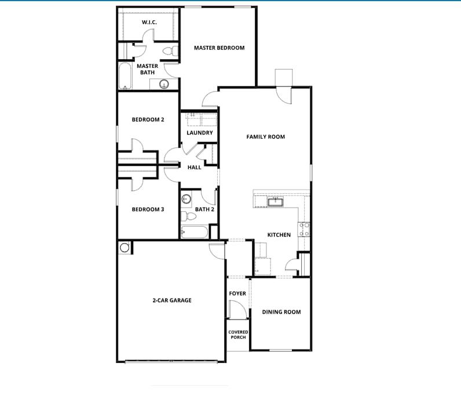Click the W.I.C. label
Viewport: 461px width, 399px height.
click(150, 22)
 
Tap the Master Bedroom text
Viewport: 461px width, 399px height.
click(219, 48)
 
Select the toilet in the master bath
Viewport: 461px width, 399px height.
click(169, 51)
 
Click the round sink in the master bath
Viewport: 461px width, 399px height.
click(164, 85)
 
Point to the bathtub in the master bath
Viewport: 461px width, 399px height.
click(126, 77)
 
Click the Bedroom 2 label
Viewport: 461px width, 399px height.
click(148, 119)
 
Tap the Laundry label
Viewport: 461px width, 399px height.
click(200, 133)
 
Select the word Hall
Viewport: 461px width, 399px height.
click(195, 167)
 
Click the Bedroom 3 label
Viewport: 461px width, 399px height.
click(148, 209)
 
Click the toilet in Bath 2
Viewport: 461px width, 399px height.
click(185, 217)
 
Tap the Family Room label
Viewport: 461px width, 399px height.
click(266, 137)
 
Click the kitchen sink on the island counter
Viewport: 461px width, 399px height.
click(275, 201)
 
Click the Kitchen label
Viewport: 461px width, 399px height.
click(279, 235)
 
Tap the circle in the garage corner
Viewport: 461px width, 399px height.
click(125, 248)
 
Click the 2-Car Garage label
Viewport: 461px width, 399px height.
click(172, 300)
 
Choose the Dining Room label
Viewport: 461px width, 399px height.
click(281, 312)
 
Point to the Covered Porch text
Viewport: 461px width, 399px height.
click(238, 335)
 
